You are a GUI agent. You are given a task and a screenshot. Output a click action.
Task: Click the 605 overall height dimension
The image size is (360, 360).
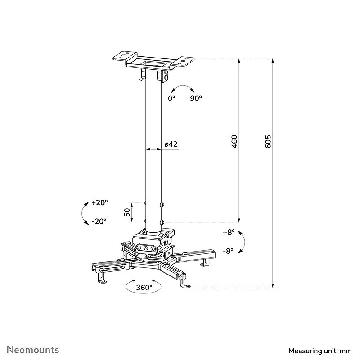[x=268, y=142]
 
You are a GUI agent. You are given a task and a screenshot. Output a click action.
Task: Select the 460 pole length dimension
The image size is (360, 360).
[x=234, y=142]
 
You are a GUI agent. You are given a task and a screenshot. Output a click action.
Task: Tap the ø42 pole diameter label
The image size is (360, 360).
[x=171, y=144]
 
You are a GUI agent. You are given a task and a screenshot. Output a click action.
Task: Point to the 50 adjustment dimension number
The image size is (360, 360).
[x=127, y=212]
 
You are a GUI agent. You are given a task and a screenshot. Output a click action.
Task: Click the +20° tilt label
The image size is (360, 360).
[x=99, y=203]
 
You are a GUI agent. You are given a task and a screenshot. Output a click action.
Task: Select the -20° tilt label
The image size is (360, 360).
[x=99, y=221]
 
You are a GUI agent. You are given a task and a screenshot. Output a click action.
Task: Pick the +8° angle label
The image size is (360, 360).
[x=229, y=233]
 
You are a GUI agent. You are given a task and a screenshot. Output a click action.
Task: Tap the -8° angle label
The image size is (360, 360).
[x=228, y=251]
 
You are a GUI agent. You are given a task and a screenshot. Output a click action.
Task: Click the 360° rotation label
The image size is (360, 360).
[x=144, y=288]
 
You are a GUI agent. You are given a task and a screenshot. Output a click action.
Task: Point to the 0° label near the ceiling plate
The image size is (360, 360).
[x=171, y=99]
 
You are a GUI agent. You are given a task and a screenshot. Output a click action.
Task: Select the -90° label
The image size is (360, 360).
[x=195, y=99]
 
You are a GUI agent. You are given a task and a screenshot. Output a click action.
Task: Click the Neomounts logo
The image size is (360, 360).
[x=33, y=350]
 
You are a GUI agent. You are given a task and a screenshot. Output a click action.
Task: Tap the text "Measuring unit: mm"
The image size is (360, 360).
[x=320, y=351]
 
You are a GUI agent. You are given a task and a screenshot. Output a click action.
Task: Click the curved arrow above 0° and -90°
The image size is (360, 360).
[x=183, y=86]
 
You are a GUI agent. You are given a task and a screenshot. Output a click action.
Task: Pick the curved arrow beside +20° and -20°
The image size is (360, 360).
[x=82, y=213]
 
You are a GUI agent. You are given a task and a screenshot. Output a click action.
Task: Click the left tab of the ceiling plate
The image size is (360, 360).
[x=125, y=56]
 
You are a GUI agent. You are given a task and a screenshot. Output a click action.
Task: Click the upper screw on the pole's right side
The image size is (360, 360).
[x=162, y=204]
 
